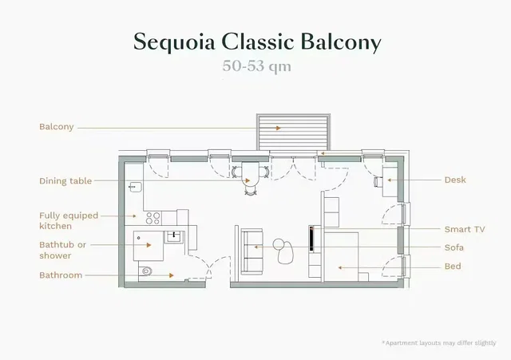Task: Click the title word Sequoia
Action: (x=174, y=42)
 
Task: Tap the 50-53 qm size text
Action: (x=256, y=66)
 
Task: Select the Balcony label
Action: (x=57, y=127)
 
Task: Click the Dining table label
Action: (x=65, y=181)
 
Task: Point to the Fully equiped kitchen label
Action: (x=69, y=220)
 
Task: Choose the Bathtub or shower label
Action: (x=62, y=250)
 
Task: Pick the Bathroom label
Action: (x=61, y=275)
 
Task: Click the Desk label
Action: (x=455, y=180)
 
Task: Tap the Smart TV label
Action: (x=465, y=229)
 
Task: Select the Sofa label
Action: (x=454, y=247)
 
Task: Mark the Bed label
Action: (x=453, y=266)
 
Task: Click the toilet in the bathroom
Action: (x=145, y=271)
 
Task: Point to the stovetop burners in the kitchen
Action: (x=153, y=218)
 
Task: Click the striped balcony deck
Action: (x=293, y=132)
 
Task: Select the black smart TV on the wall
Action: (x=311, y=239)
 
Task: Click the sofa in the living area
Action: (x=252, y=251)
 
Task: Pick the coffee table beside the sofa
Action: (x=283, y=250)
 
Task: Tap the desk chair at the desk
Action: (x=378, y=182)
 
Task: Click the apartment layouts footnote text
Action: (x=438, y=343)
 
